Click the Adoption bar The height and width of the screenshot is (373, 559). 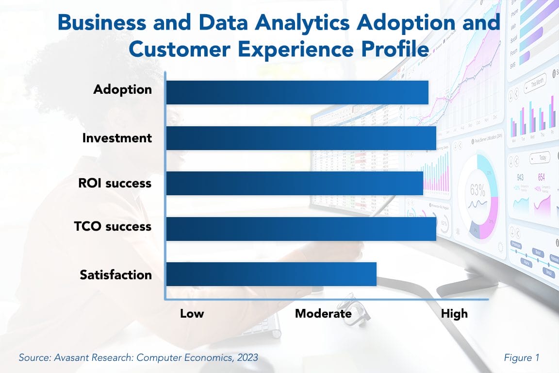(297, 92)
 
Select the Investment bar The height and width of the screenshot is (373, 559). (301, 138)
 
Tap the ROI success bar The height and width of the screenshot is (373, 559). (294, 184)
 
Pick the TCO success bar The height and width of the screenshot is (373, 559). (301, 229)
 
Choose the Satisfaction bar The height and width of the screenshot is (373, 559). (271, 274)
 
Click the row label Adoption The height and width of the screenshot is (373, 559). (122, 90)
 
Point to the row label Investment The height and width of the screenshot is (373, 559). (117, 138)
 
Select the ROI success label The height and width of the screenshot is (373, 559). (115, 184)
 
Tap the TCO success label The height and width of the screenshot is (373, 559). (113, 226)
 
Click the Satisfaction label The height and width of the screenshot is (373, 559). (115, 275)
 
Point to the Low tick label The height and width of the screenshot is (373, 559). (192, 313)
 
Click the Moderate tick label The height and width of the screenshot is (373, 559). (323, 313)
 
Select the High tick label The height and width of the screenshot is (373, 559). (454, 313)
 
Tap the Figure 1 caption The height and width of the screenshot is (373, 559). (522, 358)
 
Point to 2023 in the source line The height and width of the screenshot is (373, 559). (247, 358)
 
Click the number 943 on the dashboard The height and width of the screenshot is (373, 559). (520, 177)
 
